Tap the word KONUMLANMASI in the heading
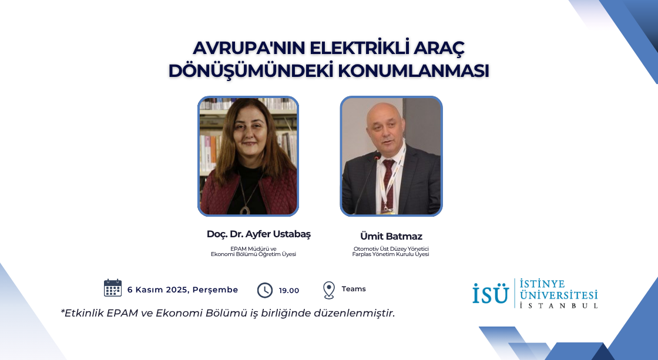tap(414, 71)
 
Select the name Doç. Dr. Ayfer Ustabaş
tap(258, 234)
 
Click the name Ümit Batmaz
tap(391, 236)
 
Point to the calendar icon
tap(112, 288)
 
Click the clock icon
tap(265, 290)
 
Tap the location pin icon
tap(329, 290)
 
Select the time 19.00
tap(288, 290)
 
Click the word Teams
tap(354, 289)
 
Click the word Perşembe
tap(215, 290)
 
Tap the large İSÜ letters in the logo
tap(491, 293)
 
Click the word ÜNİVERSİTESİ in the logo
tap(559, 295)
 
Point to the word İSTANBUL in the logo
tap(559, 305)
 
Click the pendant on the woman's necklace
tap(244, 210)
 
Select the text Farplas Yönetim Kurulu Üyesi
tap(391, 254)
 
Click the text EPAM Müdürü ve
tap(253, 249)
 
